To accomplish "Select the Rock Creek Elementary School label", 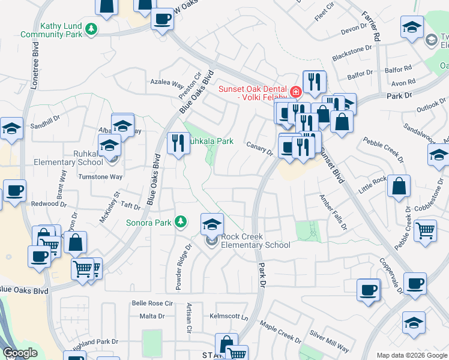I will click(256, 241).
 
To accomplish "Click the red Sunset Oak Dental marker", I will click(295, 92).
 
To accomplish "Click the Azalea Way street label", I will click(167, 83).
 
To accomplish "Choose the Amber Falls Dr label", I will click(333, 211).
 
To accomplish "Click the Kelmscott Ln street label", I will click(229, 316).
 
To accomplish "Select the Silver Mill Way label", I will click(329, 341).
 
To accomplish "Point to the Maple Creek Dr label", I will click(280, 332).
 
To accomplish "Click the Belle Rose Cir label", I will click(152, 304).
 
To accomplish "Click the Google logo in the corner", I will click(20, 353).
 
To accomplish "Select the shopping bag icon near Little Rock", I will click(399, 187).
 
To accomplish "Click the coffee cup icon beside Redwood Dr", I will click(15, 191).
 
